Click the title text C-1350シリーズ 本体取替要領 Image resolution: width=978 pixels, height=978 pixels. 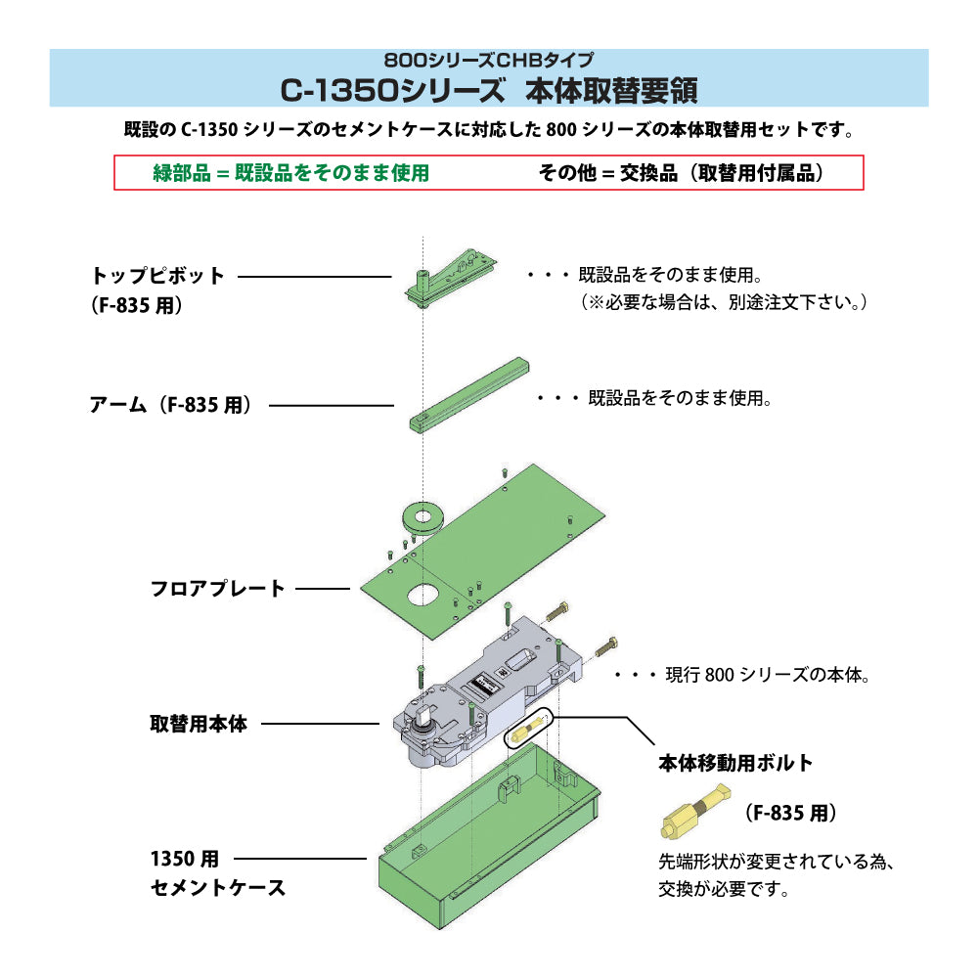point(488,90)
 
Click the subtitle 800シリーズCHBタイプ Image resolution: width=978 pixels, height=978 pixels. point(488,60)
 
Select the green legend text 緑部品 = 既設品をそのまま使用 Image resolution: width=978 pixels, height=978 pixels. point(291,173)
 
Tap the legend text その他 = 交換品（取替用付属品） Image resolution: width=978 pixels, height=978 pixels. point(682,173)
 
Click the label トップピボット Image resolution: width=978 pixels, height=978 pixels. point(157,276)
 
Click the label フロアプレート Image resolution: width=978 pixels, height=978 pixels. point(217,589)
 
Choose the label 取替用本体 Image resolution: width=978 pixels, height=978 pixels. point(199,725)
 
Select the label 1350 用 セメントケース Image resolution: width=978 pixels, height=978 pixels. point(217,874)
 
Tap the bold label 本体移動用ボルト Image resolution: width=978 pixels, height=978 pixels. point(735,763)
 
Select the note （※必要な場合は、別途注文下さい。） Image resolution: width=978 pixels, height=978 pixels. point(725,303)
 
